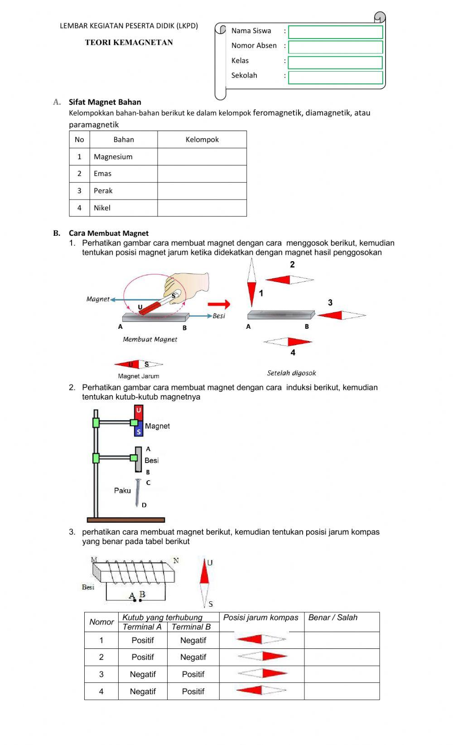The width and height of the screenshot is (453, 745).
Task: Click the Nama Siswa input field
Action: tap(335, 32)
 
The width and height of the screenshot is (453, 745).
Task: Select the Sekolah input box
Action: tap(335, 78)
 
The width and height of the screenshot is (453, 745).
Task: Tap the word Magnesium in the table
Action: tap(113, 157)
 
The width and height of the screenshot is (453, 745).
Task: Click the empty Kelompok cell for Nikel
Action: tap(202, 208)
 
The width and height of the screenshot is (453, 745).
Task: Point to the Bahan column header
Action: tap(124, 140)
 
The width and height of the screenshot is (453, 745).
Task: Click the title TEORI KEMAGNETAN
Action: tap(129, 43)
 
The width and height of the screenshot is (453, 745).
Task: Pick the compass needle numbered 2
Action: tap(289, 280)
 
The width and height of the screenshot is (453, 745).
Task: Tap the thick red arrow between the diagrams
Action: tap(219, 304)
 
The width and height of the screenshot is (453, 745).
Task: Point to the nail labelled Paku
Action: tap(137, 492)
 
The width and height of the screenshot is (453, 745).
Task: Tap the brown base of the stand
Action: tap(126, 520)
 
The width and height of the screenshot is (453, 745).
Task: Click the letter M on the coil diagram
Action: tap(94, 560)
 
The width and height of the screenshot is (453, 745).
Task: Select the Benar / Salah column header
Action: tap(333, 618)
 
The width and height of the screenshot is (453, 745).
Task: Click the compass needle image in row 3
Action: tap(262, 673)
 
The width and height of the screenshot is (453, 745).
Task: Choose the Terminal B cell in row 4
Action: tap(193, 691)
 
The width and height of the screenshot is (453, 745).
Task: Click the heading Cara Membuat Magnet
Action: tap(109, 233)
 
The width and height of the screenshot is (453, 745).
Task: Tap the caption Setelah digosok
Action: tap(291, 373)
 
